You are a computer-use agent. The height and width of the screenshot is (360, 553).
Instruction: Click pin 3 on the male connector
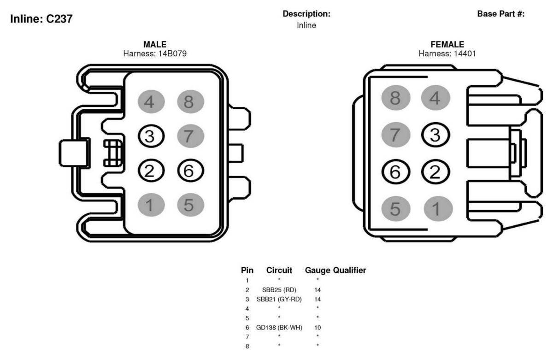(151, 136)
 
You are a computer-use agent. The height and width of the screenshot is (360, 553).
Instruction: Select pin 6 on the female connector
(396, 171)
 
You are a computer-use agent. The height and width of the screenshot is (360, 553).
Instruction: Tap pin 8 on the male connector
(191, 101)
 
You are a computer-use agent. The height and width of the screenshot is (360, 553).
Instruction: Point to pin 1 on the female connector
(438, 209)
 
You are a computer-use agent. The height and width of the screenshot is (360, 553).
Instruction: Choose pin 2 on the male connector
(151, 171)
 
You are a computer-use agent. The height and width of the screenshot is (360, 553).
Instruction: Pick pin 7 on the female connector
(396, 135)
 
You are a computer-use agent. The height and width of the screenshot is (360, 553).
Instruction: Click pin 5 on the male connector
(191, 205)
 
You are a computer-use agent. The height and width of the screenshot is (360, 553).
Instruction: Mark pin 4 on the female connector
(435, 98)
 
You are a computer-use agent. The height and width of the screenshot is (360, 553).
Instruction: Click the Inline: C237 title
(41, 19)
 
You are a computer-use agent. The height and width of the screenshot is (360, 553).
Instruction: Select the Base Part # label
(500, 14)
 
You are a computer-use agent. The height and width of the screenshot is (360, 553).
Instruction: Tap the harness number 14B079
(172, 53)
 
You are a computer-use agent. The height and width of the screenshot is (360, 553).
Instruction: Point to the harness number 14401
(462, 53)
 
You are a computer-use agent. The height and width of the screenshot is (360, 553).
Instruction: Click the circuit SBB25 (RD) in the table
(279, 289)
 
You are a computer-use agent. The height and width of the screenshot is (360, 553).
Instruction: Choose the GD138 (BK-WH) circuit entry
(279, 327)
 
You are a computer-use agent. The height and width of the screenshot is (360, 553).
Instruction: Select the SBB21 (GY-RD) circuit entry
(279, 299)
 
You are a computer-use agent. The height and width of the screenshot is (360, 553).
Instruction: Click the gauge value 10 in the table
(318, 327)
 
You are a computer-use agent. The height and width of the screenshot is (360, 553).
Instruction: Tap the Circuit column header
(279, 270)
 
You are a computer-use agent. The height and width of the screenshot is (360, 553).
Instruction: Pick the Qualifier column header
(349, 270)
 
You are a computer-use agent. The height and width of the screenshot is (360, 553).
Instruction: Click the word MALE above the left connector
(155, 44)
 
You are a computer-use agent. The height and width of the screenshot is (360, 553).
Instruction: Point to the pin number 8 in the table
(247, 346)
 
